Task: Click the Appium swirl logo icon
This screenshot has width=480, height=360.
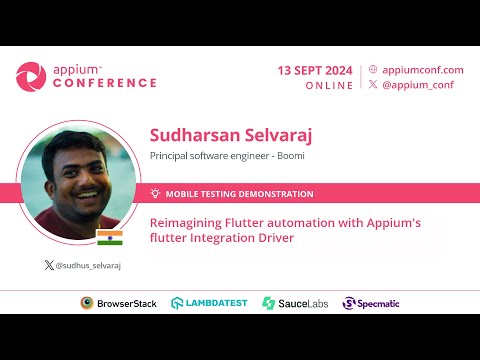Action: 30,76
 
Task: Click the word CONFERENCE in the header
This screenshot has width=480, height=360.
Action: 104,83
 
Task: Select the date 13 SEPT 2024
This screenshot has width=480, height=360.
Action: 315,70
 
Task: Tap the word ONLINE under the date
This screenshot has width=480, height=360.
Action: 329,86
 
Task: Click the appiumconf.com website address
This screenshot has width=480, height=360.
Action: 423,70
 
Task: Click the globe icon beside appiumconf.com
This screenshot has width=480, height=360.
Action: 373,70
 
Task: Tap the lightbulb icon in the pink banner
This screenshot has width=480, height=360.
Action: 155,193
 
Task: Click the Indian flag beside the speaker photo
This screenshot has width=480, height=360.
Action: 108,237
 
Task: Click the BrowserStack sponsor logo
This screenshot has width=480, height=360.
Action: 119,303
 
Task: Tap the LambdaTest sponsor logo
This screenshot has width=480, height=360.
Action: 210,303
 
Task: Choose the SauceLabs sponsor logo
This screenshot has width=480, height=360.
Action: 295,303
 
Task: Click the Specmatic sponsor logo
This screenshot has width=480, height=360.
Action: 375,303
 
